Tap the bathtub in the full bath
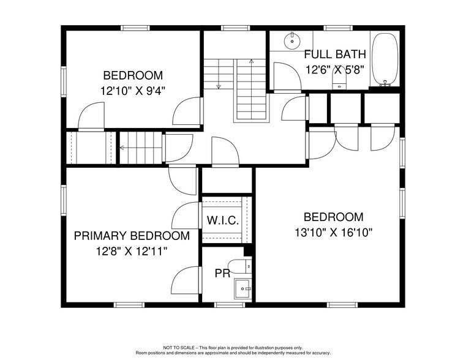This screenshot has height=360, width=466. (385, 59)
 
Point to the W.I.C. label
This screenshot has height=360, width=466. (222, 220)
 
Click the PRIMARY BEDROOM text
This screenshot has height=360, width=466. (131, 236)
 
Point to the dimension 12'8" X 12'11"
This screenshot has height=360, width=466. (131, 251)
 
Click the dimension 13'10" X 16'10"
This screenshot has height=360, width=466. (334, 233)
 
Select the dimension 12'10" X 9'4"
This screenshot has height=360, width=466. (133, 91)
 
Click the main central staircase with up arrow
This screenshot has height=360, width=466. (251, 89)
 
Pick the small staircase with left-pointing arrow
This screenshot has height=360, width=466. (140, 148)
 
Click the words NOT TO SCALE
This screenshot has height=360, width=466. (178, 348)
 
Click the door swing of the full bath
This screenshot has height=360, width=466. (285, 76)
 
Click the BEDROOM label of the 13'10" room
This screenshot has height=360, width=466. (334, 217)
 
